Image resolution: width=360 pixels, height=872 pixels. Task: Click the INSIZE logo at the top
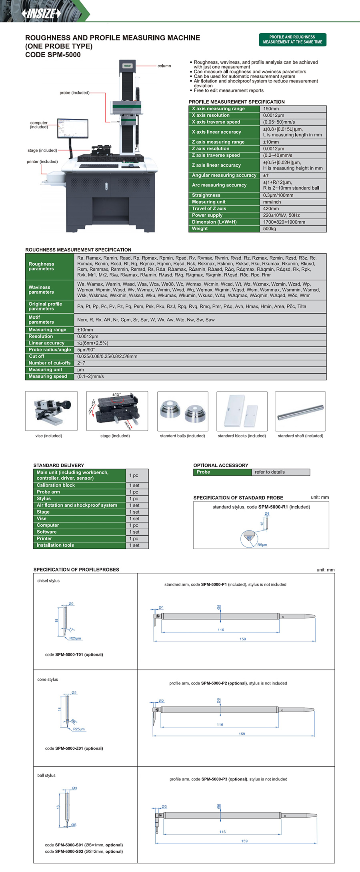coord(41,13)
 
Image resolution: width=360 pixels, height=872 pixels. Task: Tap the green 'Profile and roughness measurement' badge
coord(292,40)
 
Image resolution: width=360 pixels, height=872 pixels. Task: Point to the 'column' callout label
coord(164,66)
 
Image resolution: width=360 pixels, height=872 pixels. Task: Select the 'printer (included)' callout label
coord(42,162)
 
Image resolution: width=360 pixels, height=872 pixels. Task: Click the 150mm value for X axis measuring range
coord(271,109)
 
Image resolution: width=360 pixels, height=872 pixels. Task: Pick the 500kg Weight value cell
coord(270,229)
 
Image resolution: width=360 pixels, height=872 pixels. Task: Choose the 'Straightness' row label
coord(206,195)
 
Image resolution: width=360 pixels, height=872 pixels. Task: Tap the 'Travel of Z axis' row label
coord(209,208)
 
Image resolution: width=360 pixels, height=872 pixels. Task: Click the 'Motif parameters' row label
coord(41,320)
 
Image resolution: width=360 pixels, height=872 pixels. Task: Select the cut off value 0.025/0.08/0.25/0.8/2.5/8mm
coord(107,356)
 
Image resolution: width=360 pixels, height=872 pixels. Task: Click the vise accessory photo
coord(51,411)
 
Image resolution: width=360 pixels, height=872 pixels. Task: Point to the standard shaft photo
coord(300,411)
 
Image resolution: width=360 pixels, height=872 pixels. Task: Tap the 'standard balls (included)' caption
coord(182,436)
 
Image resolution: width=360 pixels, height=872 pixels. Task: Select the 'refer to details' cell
coord(270,472)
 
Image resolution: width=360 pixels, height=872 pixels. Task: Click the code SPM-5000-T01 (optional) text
coord(74,655)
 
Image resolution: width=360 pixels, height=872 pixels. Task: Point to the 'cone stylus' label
coord(48,680)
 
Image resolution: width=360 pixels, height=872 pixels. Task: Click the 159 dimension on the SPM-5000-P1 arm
coord(243,639)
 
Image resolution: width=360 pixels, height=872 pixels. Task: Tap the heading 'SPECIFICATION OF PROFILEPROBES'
coord(76,570)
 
